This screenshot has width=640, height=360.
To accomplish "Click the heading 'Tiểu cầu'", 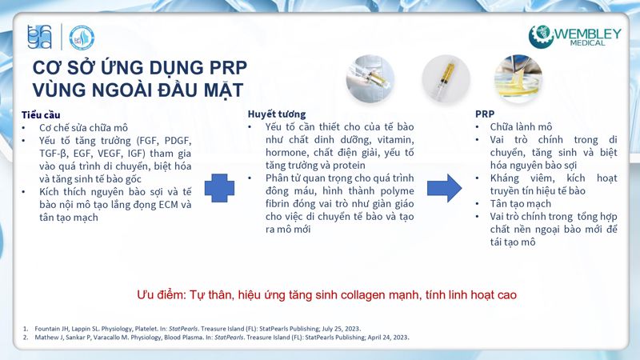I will (x=41, y=114).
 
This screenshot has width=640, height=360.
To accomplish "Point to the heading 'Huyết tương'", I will (x=277, y=114).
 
